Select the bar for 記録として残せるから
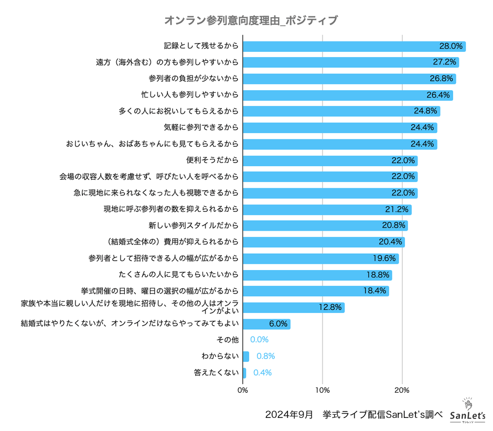pyautogui.click(x=354, y=46)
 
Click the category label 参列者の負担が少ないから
pyautogui.click(x=194, y=79)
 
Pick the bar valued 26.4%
pyautogui.click(x=347, y=95)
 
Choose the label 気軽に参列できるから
pyautogui.click(x=201, y=127)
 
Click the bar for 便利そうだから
pyautogui.click(x=330, y=160)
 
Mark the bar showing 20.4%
pyautogui.click(x=324, y=242)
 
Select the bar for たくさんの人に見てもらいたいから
pyautogui.click(x=317, y=275)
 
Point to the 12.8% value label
pyautogui.click(x=330, y=307)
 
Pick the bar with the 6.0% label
pyautogui.click(x=266, y=324)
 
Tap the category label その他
pyautogui.click(x=228, y=340)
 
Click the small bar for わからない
pyautogui.click(x=246, y=357)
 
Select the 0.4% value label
pyautogui.click(x=262, y=373)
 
